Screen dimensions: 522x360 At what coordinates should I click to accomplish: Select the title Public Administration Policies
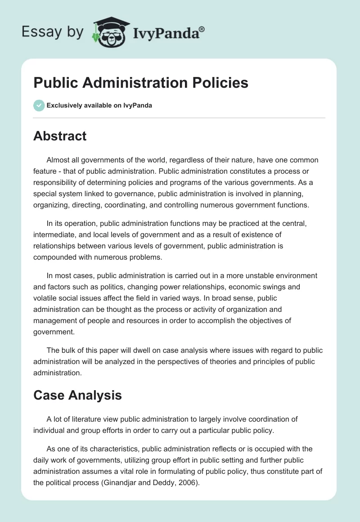[141, 83]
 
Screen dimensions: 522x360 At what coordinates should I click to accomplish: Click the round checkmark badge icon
[39, 105]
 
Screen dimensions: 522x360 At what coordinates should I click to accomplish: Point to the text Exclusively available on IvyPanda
[99, 106]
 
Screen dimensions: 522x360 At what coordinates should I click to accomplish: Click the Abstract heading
[60, 136]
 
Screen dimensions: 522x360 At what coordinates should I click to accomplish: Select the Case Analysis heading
[77, 395]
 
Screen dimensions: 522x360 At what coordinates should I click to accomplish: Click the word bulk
[70, 351]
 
